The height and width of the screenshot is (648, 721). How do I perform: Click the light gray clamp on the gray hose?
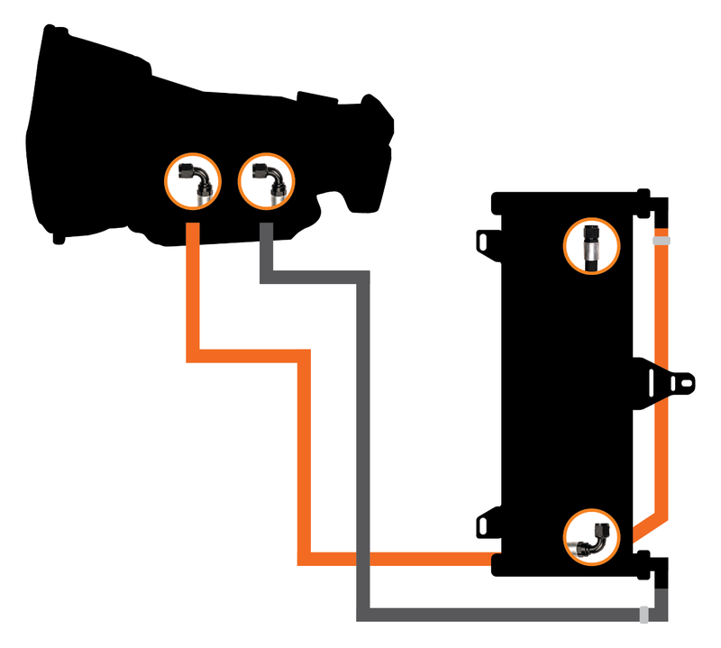644,615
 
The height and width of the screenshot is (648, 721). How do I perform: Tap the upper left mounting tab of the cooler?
488,242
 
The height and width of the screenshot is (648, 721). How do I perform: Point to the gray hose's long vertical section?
364,451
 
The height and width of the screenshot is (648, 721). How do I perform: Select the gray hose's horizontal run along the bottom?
505,615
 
